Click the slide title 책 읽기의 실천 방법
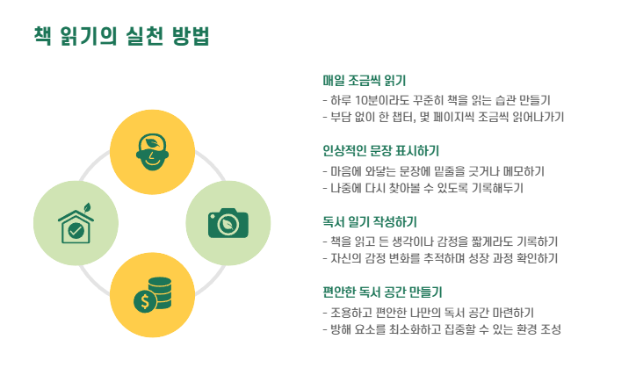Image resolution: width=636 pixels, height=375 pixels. coord(121,36)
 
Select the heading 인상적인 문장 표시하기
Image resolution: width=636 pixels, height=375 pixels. coord(381,150)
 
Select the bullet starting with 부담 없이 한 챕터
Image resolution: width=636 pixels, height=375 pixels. coord(443,117)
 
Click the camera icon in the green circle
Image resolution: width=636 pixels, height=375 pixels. coord(228,223)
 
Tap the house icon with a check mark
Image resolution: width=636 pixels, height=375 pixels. coord(76,225)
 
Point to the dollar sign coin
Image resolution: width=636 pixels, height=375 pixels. coord(143,301)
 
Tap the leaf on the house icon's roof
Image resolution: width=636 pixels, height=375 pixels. coord(88,208)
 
